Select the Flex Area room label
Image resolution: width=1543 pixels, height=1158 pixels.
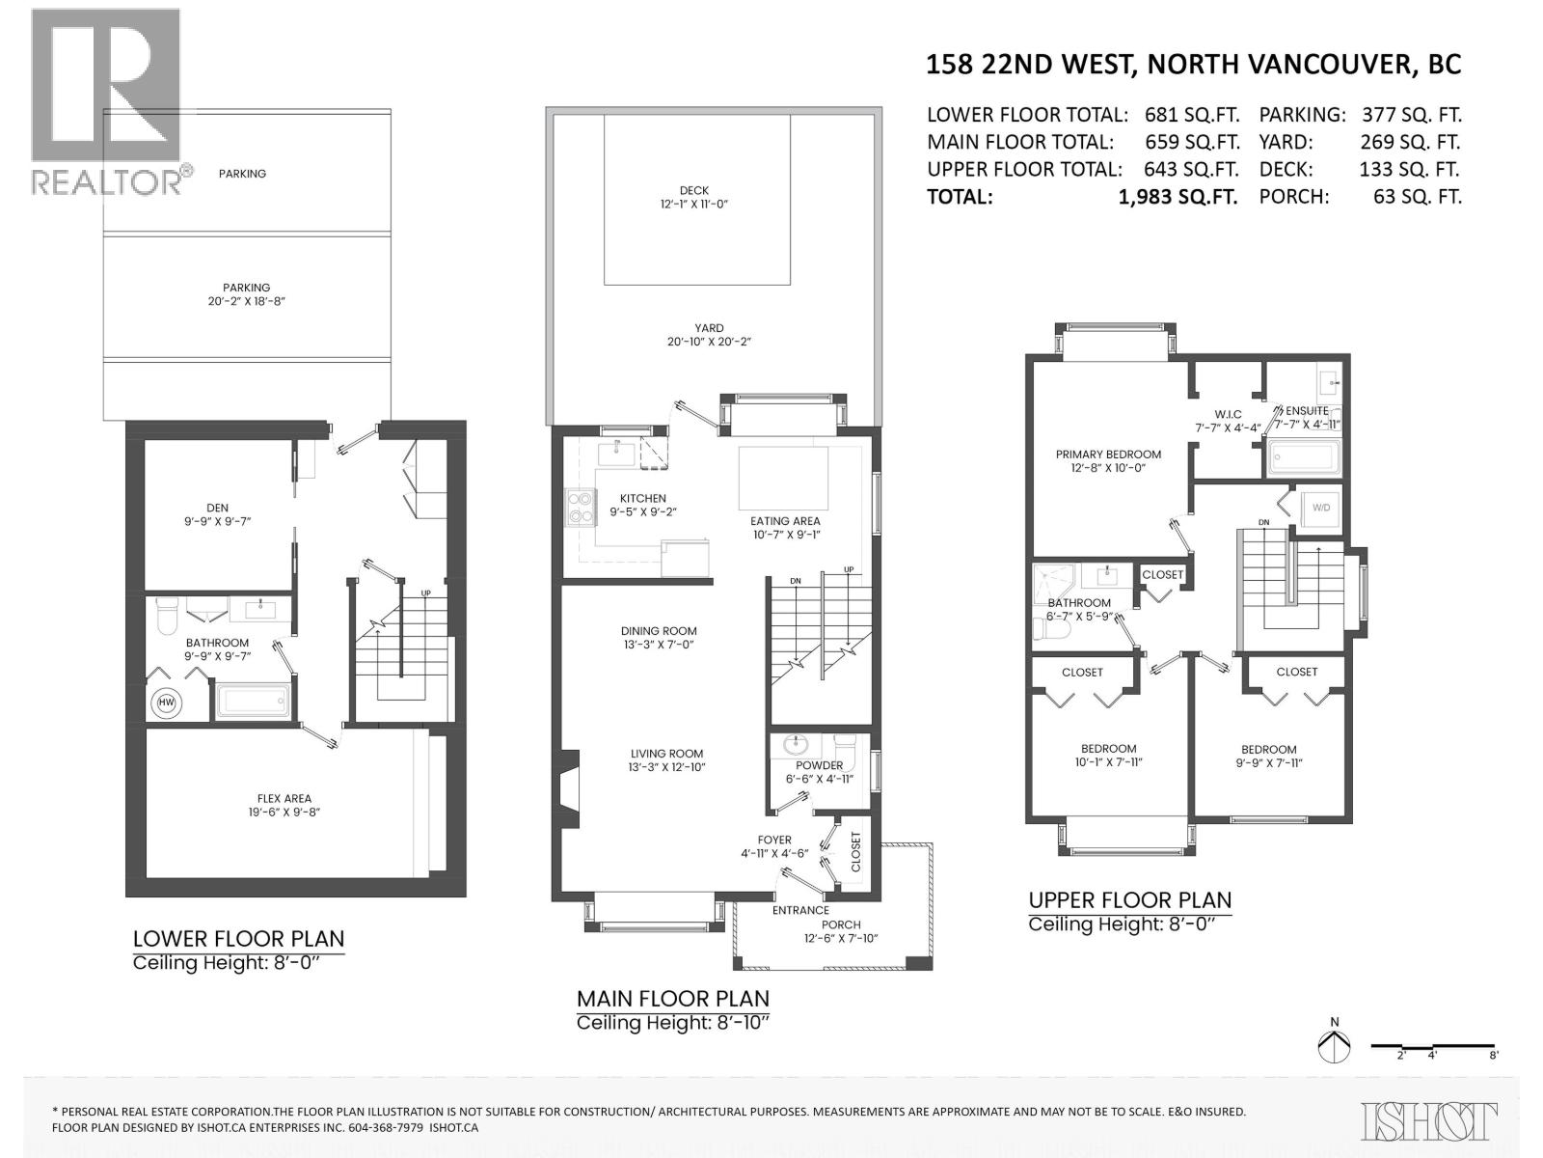pos(284,806)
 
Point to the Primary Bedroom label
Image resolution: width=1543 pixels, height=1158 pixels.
pos(1108,460)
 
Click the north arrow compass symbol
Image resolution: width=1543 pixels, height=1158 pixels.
pos(1335,1045)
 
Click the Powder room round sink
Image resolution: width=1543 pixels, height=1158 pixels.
pos(797,745)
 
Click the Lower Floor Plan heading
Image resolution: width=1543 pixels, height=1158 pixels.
pos(238,938)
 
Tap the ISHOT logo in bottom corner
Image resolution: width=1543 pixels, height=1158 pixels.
pos(1430,1121)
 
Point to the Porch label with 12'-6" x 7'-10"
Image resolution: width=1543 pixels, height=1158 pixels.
pos(841,931)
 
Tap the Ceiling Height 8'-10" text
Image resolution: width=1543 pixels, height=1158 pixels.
pos(673,1022)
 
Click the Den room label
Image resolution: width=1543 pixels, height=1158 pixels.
pos(217,514)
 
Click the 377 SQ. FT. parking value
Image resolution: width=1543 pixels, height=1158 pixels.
pos(1412,115)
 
